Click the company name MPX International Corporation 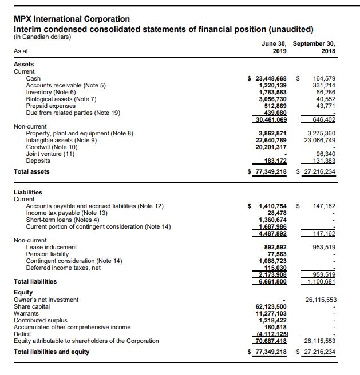(72, 19)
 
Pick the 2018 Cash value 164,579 (325, 78)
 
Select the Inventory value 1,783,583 (271, 92)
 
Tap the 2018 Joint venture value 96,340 (326, 154)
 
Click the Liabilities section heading (28, 192)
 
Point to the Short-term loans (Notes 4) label (63, 220)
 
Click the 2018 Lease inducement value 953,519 (325, 247)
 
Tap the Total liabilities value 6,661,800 (271, 281)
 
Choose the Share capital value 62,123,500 (270, 306)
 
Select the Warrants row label (26, 313)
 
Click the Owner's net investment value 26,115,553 (321, 300)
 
